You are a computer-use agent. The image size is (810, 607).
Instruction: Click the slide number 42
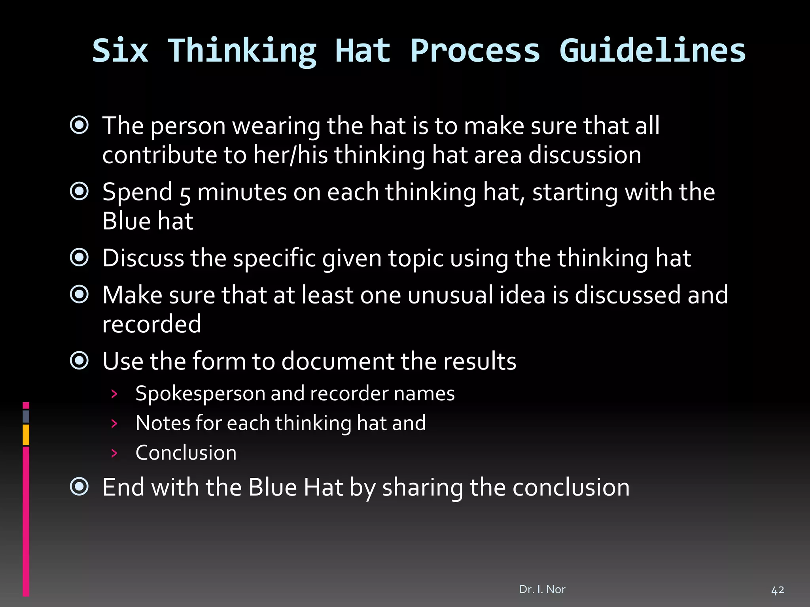778,590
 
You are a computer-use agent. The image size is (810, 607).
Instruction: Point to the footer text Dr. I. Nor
542,589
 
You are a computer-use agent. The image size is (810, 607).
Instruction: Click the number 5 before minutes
185,194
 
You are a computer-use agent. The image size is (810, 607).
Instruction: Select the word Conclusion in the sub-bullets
186,452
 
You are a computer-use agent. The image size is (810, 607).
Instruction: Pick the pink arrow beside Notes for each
114,424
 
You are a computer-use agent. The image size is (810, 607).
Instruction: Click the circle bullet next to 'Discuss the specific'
79,258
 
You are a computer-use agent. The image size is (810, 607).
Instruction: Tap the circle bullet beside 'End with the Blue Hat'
79,486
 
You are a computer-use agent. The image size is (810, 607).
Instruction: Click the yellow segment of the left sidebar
26,435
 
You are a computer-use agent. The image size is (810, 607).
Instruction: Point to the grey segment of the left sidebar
26,416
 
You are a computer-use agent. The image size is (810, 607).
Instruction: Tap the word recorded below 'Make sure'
151,324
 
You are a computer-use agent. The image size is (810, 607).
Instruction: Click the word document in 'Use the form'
338,361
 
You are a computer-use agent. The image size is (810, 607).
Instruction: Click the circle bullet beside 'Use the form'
79,360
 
